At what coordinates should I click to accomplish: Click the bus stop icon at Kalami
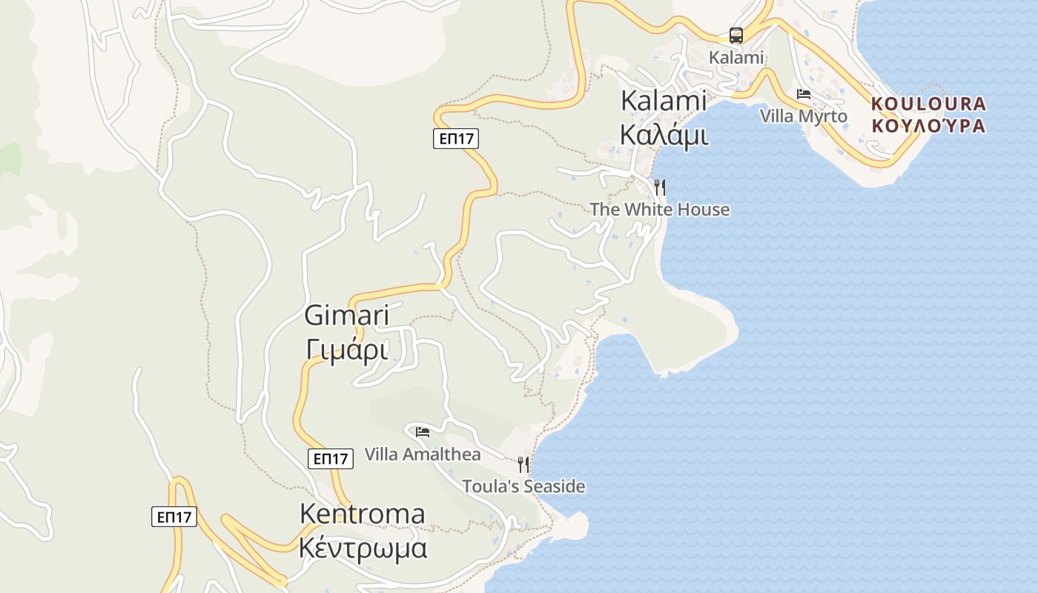point(735,35)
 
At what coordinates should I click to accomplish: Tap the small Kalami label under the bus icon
point(735,57)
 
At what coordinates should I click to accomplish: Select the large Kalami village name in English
point(664,101)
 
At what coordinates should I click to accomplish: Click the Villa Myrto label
point(804,116)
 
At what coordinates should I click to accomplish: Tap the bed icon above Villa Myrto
point(804,94)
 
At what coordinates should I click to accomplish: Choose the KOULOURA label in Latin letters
point(929,104)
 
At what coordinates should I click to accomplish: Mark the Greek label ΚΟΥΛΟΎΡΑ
point(929,126)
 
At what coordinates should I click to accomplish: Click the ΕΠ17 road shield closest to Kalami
point(456,138)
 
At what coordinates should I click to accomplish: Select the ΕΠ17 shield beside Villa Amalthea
point(330,459)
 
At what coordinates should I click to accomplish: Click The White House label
point(660,210)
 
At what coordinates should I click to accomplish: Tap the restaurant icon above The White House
point(659,187)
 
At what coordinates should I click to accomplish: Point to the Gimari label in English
point(346,316)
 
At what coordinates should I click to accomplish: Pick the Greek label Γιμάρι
point(346,348)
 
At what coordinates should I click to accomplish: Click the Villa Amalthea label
point(423,454)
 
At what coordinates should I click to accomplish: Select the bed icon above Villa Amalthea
point(423,431)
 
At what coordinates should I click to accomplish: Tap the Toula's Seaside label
point(523,487)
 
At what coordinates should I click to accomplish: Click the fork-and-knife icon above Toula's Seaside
point(523,465)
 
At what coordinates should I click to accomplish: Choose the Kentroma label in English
point(362,514)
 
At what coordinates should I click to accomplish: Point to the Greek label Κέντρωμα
point(363,549)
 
